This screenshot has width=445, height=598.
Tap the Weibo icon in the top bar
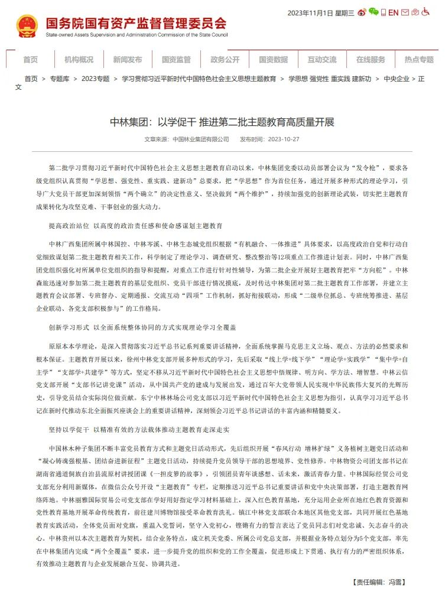[362, 12]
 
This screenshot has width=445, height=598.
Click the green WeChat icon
[373, 12]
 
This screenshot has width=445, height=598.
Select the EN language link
[393, 12]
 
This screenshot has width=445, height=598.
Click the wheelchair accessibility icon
[425, 12]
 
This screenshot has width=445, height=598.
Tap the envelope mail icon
[415, 12]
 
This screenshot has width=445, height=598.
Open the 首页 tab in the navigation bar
[30, 60]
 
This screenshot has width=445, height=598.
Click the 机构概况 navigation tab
[79, 60]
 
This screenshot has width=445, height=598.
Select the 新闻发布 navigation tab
[127, 60]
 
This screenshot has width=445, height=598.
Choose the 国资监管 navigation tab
[176, 60]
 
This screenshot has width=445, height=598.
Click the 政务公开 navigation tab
[225, 60]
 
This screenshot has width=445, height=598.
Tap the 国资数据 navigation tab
[273, 60]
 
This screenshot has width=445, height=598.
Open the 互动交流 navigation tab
[321, 60]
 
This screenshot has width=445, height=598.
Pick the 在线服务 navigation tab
[371, 60]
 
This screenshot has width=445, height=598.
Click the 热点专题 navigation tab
[419, 60]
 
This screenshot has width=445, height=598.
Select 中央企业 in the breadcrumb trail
[396, 79]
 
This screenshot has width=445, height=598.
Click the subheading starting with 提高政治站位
[135, 226]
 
